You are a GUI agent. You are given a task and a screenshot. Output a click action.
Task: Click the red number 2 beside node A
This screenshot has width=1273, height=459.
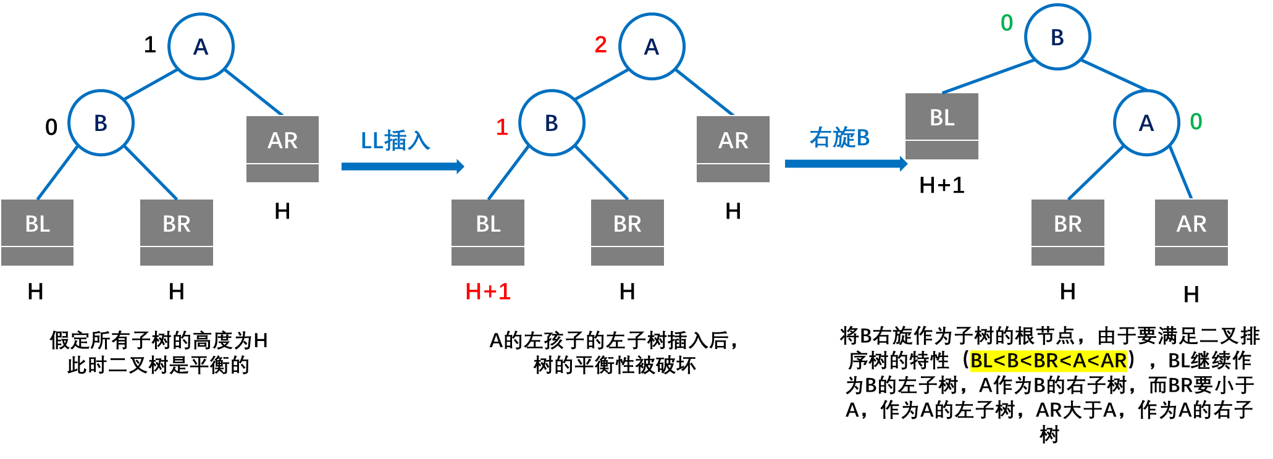(600, 44)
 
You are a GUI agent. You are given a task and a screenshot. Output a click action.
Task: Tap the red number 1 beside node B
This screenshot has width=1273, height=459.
(502, 127)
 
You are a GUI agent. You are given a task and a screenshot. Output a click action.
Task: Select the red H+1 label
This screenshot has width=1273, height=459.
(488, 292)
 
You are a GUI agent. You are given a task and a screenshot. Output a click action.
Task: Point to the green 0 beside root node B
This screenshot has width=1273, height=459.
(1007, 23)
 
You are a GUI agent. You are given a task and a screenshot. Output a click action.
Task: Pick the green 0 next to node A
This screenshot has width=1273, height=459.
(1196, 122)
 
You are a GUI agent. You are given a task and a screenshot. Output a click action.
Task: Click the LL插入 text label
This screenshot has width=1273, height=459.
(395, 141)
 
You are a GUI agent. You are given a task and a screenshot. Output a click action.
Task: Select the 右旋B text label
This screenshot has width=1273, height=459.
(839, 138)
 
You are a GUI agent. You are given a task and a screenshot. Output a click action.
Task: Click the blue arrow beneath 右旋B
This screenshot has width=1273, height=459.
(846, 164)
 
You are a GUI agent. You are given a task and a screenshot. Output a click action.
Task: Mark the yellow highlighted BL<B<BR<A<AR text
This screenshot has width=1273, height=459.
(1048, 361)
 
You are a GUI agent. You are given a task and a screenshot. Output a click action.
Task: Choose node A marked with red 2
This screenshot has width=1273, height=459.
(652, 46)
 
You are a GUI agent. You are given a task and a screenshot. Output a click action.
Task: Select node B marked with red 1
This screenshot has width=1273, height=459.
(552, 123)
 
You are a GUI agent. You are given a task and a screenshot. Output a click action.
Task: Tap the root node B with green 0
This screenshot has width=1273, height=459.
(1057, 37)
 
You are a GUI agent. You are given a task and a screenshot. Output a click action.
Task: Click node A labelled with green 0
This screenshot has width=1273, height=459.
(1146, 123)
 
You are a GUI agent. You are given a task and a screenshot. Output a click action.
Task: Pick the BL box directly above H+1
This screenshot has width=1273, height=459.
(488, 232)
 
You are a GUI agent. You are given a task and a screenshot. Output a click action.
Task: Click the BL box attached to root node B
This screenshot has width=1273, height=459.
(942, 126)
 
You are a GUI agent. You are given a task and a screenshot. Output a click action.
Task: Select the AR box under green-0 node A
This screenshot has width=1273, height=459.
(1191, 232)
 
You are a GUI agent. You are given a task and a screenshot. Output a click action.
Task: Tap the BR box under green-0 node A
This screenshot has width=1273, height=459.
(1068, 232)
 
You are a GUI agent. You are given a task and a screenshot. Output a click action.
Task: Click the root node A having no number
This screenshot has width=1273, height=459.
(201, 46)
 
